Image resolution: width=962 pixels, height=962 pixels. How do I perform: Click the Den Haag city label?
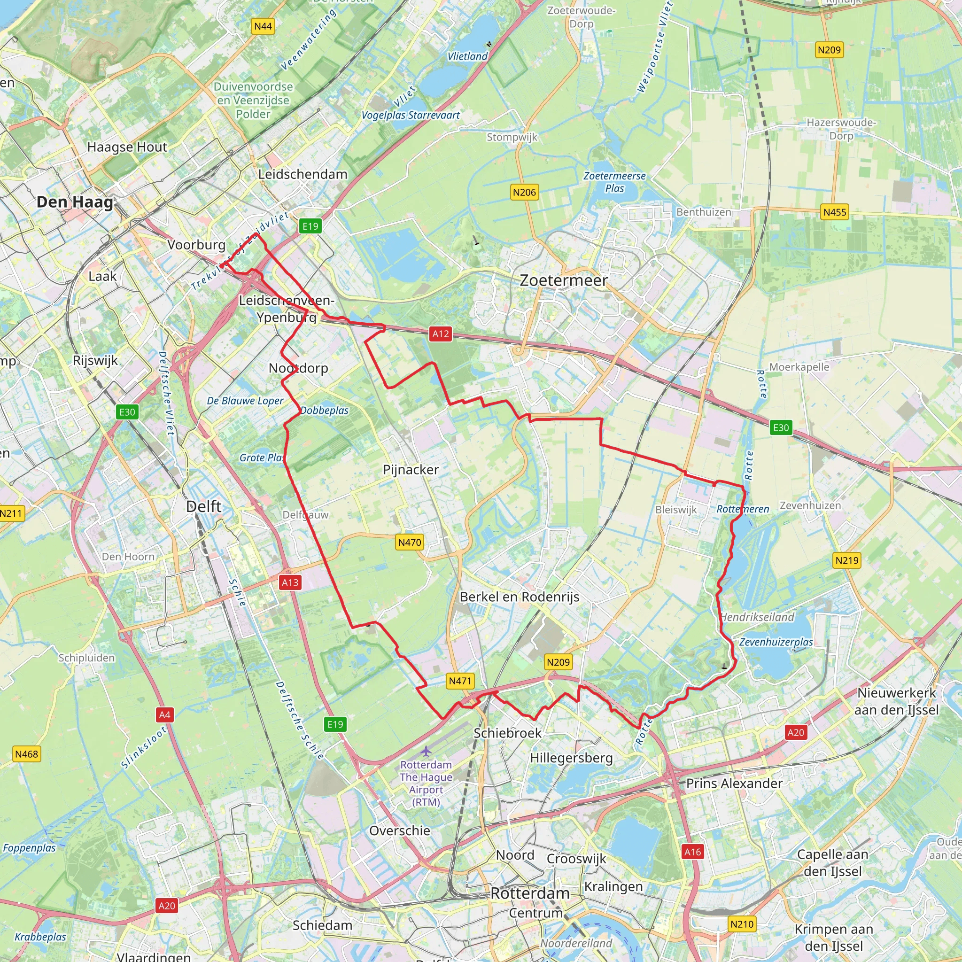click(x=75, y=202)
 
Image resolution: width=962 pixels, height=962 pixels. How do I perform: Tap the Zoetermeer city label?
click(x=563, y=280)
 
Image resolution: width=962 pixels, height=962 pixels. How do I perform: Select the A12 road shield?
click(x=440, y=334)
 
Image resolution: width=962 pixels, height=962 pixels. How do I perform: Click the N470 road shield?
click(x=409, y=542)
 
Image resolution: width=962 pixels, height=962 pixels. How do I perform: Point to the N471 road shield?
click(x=459, y=681)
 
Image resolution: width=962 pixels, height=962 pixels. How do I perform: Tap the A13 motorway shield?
click(x=290, y=582)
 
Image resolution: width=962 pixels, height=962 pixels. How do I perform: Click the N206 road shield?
click(x=524, y=192)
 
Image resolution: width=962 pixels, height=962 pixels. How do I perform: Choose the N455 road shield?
click(x=835, y=212)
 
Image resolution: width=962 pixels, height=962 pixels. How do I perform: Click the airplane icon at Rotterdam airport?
click(x=426, y=750)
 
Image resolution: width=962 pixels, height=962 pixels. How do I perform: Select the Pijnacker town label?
click(x=411, y=470)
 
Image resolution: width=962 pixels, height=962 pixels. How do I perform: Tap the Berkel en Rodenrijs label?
click(x=520, y=597)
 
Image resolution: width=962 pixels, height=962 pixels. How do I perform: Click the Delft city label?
click(x=204, y=506)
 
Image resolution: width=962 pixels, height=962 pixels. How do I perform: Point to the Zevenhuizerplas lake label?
click(x=776, y=642)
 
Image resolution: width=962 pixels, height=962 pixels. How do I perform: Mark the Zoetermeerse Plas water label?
click(x=614, y=182)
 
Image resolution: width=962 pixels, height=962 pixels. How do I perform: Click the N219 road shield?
click(x=846, y=561)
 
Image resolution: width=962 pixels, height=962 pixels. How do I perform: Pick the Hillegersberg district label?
click(x=571, y=758)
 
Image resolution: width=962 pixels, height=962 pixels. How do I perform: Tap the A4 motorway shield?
click(x=164, y=715)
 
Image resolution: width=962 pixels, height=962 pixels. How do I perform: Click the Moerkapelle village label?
click(x=799, y=367)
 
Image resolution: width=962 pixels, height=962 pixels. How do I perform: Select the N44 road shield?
click(x=263, y=26)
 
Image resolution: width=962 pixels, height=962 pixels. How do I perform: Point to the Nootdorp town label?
click(x=298, y=368)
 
